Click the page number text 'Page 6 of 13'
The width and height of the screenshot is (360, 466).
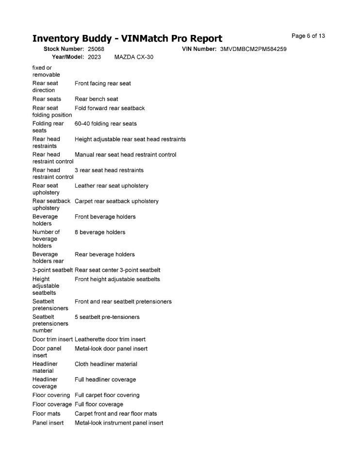(x=308, y=36)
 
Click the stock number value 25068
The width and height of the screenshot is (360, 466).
(x=96, y=50)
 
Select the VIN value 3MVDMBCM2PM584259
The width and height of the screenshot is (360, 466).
(x=253, y=50)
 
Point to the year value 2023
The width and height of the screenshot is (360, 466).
(x=95, y=57)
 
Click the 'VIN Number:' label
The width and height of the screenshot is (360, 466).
(x=199, y=50)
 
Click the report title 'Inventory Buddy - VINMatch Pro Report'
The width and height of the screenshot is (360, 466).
(x=127, y=39)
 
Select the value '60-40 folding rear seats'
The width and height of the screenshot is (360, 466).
(x=106, y=124)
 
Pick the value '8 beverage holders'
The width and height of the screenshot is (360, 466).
(x=100, y=232)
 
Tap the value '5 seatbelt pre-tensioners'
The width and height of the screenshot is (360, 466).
(x=107, y=317)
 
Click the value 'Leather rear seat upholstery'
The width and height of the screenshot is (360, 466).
(x=112, y=185)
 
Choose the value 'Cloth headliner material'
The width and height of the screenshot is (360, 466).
(x=106, y=364)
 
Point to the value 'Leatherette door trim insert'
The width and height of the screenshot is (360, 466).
(x=110, y=339)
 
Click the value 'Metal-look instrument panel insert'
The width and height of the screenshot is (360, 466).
(x=119, y=423)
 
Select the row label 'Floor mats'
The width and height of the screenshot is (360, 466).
(x=47, y=414)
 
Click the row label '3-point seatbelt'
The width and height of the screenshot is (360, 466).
(x=52, y=270)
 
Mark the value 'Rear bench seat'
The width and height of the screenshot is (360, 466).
(x=97, y=99)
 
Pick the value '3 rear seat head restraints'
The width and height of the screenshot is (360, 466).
(x=109, y=170)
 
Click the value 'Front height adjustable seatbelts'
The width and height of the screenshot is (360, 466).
(x=117, y=279)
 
